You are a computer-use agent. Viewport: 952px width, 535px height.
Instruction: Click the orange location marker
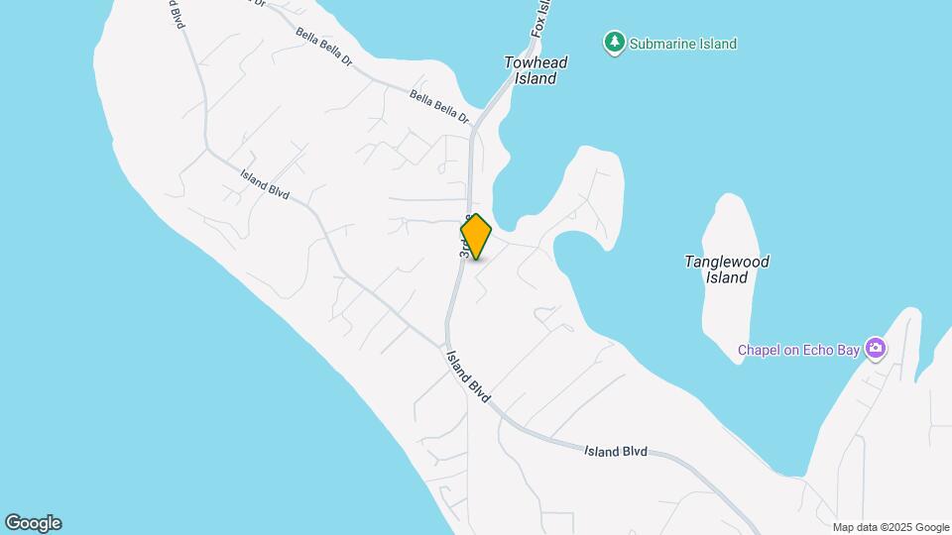476,237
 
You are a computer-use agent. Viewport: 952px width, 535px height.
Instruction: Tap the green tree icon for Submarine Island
615,43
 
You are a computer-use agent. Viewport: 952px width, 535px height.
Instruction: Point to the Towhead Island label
535,70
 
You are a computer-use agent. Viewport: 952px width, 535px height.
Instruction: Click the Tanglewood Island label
727,269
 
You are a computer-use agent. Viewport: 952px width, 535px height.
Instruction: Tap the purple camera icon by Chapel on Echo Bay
875,348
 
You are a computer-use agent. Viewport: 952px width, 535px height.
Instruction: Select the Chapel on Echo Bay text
798,349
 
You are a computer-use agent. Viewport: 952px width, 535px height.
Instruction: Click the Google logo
33,523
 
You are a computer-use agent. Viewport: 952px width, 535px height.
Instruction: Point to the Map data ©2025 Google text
891,527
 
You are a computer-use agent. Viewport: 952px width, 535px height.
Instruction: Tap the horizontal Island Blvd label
615,452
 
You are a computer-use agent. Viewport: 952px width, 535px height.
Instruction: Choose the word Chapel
759,349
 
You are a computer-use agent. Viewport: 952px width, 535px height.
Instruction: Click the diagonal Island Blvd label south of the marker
468,376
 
